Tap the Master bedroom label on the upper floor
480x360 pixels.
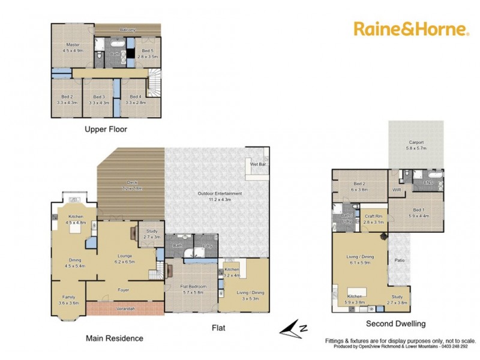click(x=73, y=44)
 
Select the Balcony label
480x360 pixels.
click(x=127, y=29)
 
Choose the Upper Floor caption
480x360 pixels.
click(x=106, y=128)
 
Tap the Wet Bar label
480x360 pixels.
click(x=259, y=163)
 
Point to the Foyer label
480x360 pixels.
click(x=124, y=290)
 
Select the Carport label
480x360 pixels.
click(x=416, y=142)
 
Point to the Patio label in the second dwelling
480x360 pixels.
click(x=399, y=260)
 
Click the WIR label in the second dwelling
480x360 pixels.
click(x=396, y=190)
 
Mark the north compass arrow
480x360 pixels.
click(x=294, y=328)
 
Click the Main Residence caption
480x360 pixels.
click(x=115, y=338)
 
